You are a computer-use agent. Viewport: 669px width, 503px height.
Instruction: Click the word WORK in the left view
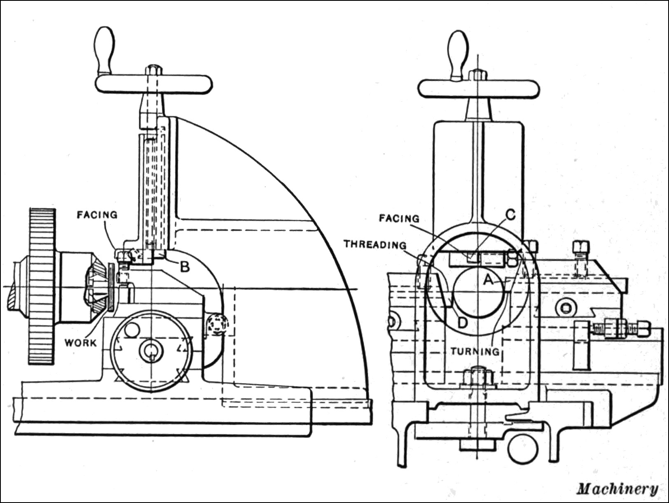[x=81, y=343]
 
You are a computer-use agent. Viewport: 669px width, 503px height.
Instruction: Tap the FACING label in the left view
[x=97, y=215]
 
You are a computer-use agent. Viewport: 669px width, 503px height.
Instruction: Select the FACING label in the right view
[x=399, y=218]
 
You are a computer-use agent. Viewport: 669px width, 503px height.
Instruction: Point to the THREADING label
[x=375, y=245]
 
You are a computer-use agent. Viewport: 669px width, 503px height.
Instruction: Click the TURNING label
[x=475, y=351]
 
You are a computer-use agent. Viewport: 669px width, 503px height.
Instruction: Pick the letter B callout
[x=185, y=267]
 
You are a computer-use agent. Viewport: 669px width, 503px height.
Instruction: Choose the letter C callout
[x=510, y=215]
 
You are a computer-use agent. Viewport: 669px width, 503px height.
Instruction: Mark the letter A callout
[x=488, y=280]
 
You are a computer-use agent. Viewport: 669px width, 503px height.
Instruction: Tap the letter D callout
[x=462, y=323]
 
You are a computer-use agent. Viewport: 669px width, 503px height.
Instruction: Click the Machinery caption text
[x=617, y=489]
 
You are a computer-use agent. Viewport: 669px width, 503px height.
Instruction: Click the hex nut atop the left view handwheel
[x=153, y=70]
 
